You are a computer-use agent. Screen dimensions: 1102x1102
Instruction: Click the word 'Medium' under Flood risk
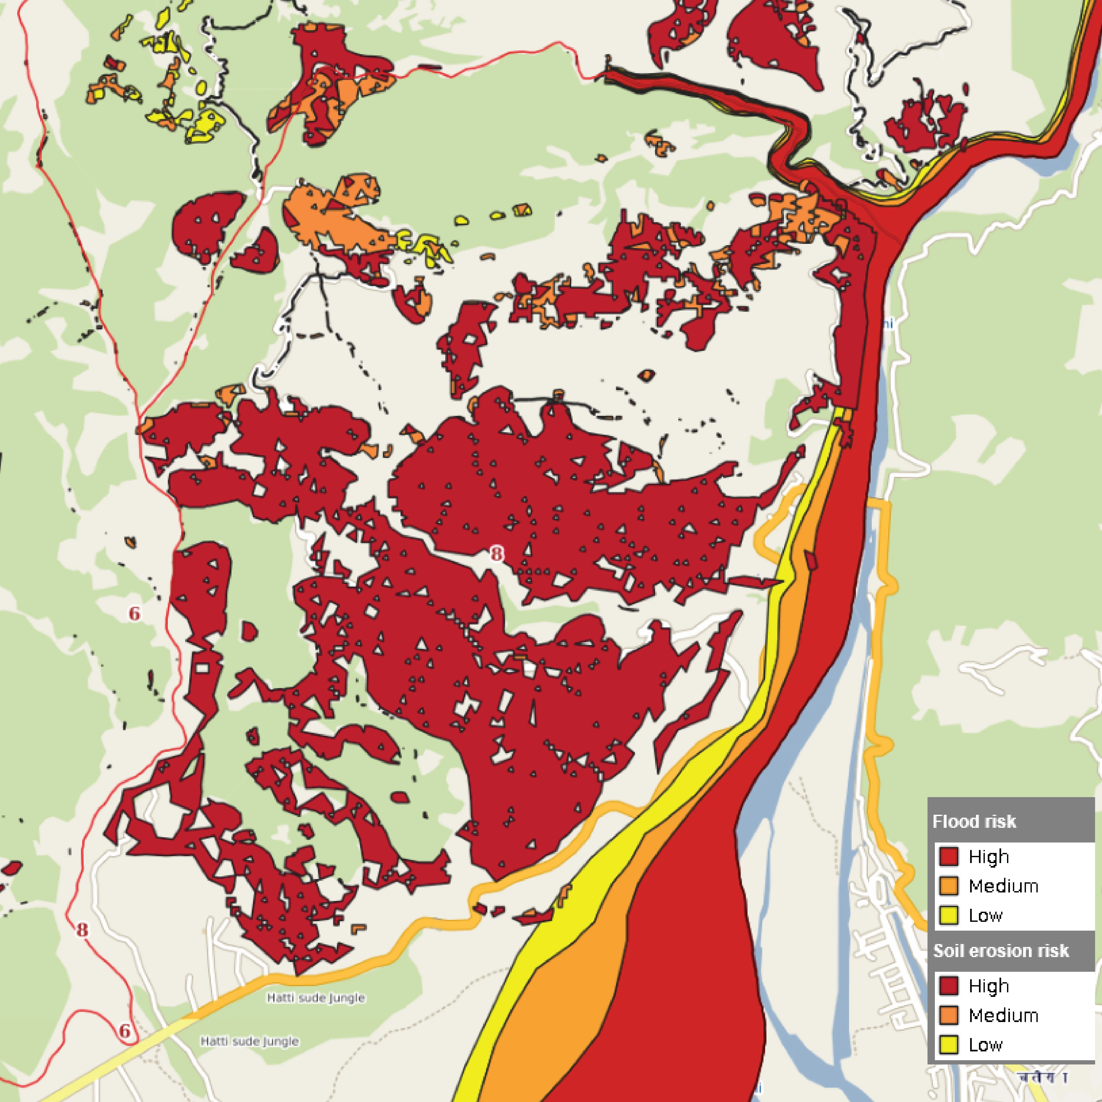point(1003,886)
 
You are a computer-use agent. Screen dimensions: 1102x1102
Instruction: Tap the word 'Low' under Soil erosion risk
point(985,1045)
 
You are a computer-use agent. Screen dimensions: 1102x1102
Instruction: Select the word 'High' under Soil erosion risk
point(988,986)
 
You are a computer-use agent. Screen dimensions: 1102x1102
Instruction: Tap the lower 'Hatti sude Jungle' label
point(249,1041)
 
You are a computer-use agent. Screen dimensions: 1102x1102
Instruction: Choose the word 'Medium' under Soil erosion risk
point(1003,1015)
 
